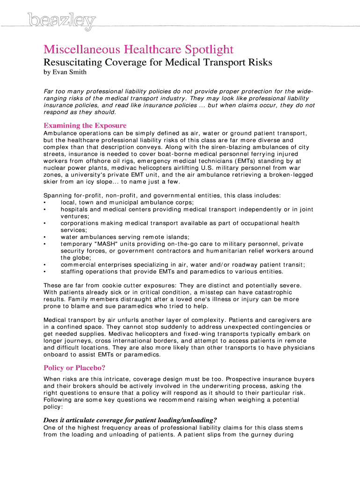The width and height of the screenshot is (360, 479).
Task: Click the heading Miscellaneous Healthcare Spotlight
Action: [x=138, y=50]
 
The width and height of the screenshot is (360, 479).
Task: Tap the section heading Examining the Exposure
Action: [x=85, y=125]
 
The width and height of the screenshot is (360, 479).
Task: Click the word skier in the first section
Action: [x=51, y=181]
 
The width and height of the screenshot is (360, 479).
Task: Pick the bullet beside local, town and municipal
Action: [x=44, y=202]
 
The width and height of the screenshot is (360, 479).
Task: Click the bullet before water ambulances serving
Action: [x=44, y=237]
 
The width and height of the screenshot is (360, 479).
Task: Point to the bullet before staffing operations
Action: [x=44, y=271]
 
